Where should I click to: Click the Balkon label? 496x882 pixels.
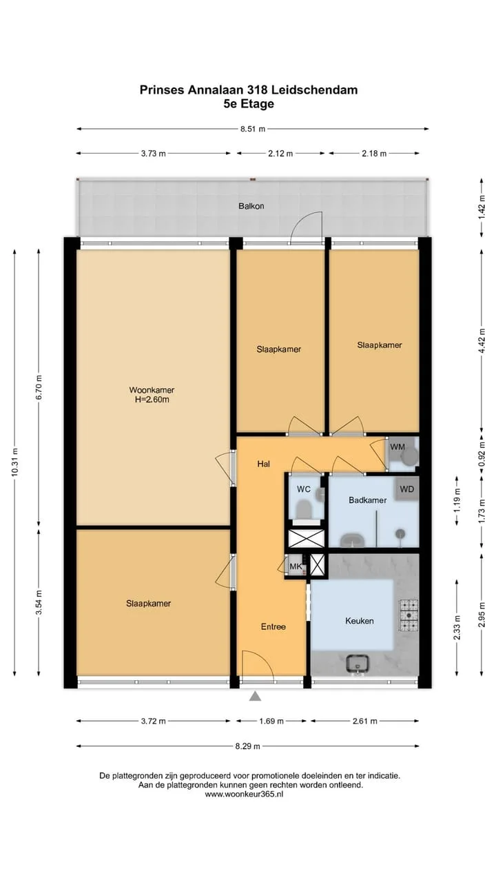pos(251,206)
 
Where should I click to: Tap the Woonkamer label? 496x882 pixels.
pos(152,390)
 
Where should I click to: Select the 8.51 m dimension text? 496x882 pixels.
pos(253,129)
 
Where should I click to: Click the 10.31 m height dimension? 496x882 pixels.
pos(15,462)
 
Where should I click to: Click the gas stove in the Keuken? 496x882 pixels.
pos(409,614)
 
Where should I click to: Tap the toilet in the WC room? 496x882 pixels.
pos(304,509)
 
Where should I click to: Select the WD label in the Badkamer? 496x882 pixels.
pos(406,489)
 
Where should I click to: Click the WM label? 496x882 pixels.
pos(397,447)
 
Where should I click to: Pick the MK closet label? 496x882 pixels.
pos(296,566)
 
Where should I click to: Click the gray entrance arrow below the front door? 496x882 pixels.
pos(256,697)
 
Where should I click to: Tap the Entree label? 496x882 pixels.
pos(273,626)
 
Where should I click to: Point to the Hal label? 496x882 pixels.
pos(263,464)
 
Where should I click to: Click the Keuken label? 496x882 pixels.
pos(360,621)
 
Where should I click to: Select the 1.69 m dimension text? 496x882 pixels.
pos(271,721)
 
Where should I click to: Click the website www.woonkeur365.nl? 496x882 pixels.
pos(244,794)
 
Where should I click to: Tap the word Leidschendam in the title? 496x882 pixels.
pos(313,90)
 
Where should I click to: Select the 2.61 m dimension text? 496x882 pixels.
pos(364,721)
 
